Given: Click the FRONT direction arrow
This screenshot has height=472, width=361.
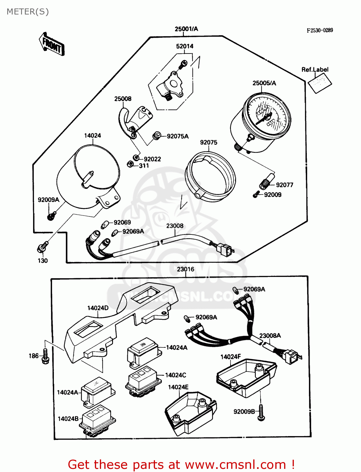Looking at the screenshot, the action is click(x=51, y=44).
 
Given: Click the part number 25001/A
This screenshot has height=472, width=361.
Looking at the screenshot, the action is click(x=186, y=29).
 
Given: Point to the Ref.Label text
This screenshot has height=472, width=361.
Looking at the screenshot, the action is click(x=315, y=70).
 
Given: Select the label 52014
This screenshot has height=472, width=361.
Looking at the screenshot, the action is click(x=185, y=46).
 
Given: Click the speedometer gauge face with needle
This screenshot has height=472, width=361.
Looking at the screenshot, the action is click(x=267, y=116).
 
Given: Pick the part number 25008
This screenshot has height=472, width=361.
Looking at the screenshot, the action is click(x=123, y=99).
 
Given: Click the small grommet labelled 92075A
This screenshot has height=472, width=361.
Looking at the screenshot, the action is click(x=157, y=136).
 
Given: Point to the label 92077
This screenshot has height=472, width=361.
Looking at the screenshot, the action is click(x=284, y=185).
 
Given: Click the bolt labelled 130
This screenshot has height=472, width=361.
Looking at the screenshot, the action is click(x=42, y=247).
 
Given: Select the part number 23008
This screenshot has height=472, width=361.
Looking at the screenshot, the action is click(x=175, y=226).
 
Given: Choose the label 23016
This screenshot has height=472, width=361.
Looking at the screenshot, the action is click(x=186, y=269).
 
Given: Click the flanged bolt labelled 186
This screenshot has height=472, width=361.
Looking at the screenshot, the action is click(x=45, y=356).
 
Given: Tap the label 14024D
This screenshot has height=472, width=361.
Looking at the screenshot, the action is click(x=98, y=308).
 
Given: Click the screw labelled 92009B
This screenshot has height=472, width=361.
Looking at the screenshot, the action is click(x=261, y=413).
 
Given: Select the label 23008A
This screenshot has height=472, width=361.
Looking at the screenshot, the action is click(x=270, y=335).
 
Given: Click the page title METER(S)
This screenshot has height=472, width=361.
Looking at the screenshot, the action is click(x=28, y=12).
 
